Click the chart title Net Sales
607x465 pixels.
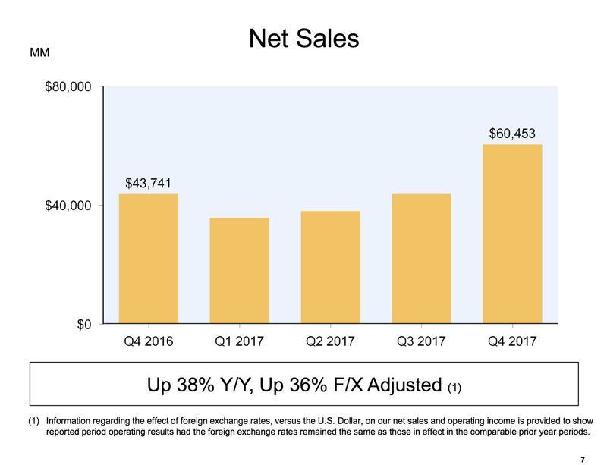303,38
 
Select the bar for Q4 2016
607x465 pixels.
148,259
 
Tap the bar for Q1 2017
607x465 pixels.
239,271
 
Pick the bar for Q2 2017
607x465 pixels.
330,268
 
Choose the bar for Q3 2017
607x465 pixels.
421,259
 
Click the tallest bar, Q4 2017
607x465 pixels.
512,234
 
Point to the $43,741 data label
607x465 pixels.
148,183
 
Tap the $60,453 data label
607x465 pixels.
512,134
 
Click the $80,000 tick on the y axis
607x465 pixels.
68,87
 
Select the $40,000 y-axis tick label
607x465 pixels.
68,206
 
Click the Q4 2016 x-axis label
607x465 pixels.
148,341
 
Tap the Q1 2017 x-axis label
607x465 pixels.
239,341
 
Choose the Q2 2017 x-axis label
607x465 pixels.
330,341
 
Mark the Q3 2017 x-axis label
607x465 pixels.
421,341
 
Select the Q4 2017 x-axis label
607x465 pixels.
512,341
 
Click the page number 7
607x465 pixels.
582,457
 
